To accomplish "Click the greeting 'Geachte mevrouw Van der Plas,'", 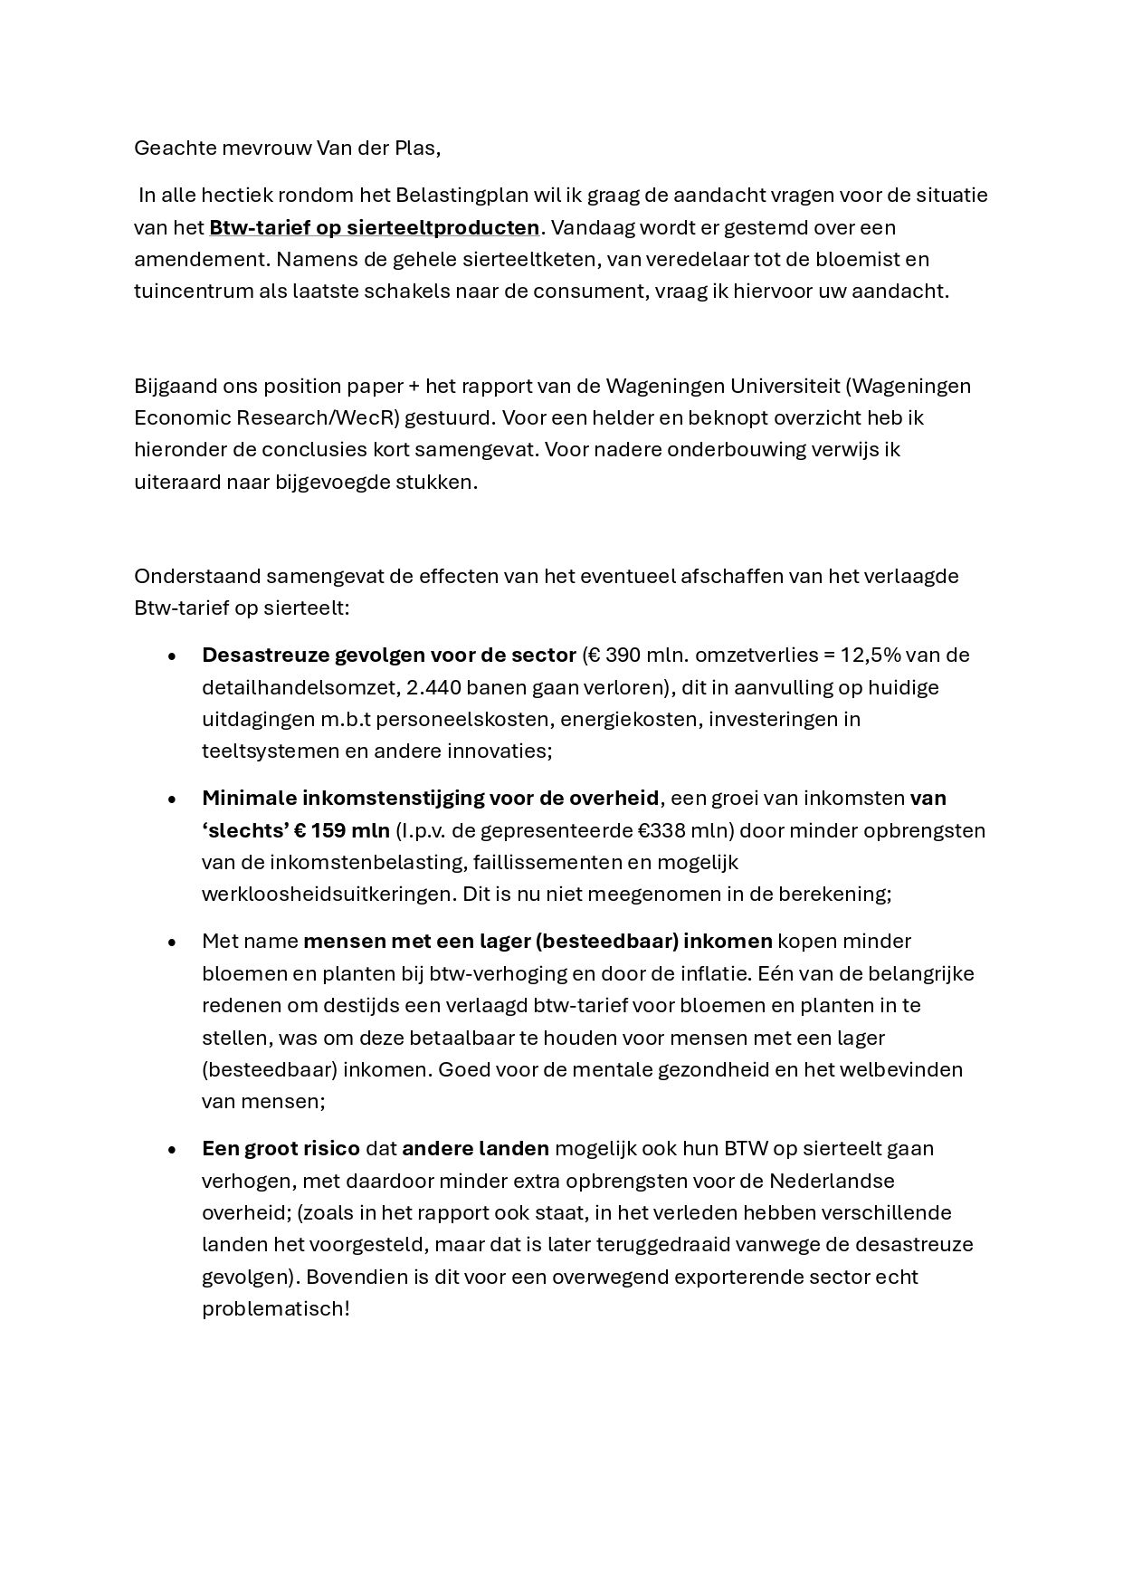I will click(x=287, y=148).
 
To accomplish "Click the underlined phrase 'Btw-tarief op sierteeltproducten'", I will click(x=374, y=227).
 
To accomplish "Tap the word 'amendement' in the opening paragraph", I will click(x=199, y=260).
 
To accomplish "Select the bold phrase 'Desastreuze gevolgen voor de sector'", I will click(x=388, y=655).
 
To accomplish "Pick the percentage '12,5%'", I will click(x=871, y=655).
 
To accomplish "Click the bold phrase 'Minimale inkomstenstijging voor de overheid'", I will click(x=430, y=799).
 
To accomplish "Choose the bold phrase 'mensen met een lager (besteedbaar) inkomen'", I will click(x=538, y=942).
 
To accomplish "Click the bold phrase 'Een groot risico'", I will click(x=281, y=1149).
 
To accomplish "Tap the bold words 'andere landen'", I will click(x=475, y=1149).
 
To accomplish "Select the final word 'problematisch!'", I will click(x=275, y=1309).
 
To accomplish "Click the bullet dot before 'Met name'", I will click(x=172, y=943).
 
